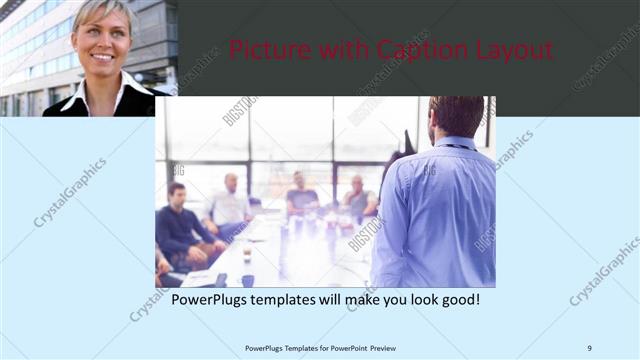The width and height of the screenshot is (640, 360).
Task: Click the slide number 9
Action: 589,348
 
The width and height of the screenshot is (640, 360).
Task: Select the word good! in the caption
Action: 459,299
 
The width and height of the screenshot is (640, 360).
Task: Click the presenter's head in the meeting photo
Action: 458,115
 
